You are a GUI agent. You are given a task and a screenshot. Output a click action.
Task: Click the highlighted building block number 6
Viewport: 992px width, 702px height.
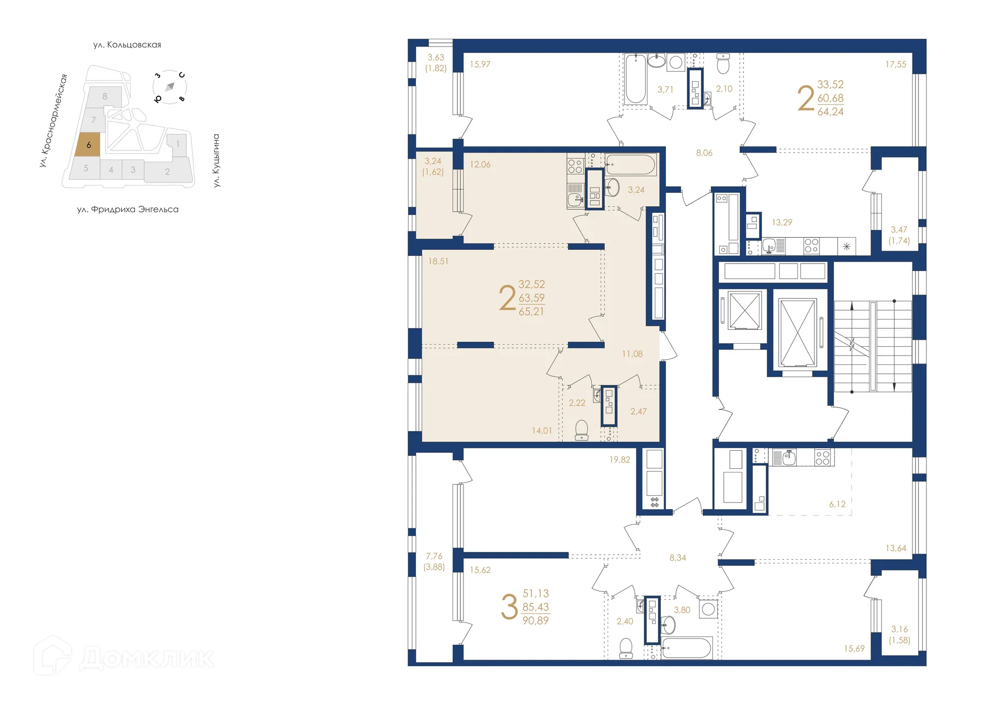click(88, 145)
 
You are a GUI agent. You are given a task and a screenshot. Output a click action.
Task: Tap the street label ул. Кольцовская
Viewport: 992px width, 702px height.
click(127, 45)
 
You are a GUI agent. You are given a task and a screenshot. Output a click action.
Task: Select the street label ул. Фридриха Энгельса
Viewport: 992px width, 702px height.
click(128, 209)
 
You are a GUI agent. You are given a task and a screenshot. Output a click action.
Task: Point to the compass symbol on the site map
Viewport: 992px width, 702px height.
click(169, 87)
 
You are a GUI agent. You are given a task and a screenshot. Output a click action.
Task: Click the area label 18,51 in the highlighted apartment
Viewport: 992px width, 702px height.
click(438, 262)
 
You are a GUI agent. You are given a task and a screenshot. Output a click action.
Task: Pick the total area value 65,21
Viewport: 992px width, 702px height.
click(531, 312)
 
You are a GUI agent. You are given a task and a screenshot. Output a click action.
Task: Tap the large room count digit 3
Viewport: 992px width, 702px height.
click(509, 607)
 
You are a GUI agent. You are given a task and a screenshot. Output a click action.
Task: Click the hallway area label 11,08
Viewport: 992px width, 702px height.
click(632, 354)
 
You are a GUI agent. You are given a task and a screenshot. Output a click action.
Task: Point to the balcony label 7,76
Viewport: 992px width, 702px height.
click(434, 556)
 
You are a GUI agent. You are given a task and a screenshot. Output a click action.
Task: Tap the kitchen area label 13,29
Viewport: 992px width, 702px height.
click(782, 222)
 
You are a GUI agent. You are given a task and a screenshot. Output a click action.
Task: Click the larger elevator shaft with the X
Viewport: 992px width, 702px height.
click(797, 333)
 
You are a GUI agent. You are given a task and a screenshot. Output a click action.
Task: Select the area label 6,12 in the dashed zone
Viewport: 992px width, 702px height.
click(837, 504)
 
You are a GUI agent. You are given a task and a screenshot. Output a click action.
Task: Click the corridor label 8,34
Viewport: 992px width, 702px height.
click(677, 558)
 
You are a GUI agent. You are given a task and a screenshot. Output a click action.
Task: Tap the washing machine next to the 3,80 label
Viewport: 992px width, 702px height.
click(708, 609)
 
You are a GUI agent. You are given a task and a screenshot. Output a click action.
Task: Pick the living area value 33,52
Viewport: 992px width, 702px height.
click(830, 84)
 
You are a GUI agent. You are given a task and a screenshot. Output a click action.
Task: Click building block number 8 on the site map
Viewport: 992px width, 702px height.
click(105, 96)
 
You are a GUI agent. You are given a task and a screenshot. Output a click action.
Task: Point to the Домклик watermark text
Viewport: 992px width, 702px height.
click(147, 658)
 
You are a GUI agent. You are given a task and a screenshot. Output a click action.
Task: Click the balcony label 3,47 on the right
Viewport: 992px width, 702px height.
click(898, 230)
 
